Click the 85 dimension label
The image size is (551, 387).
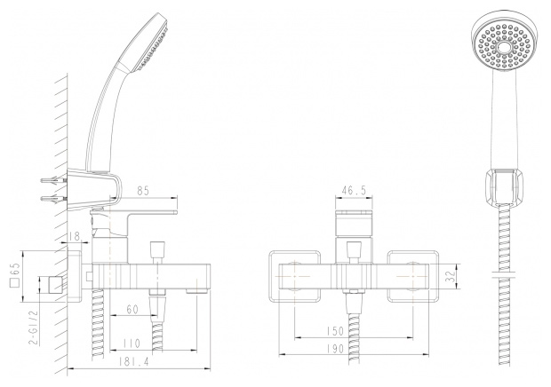(x=143, y=191)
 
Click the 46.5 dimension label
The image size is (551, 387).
(x=354, y=191)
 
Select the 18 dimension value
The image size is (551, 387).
(x=75, y=236)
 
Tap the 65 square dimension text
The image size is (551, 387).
(x=16, y=275)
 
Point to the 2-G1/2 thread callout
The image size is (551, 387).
(x=34, y=328)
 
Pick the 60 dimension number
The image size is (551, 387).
(x=132, y=310)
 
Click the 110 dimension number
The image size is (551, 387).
(x=132, y=344)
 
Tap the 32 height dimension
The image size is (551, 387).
(x=451, y=276)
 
